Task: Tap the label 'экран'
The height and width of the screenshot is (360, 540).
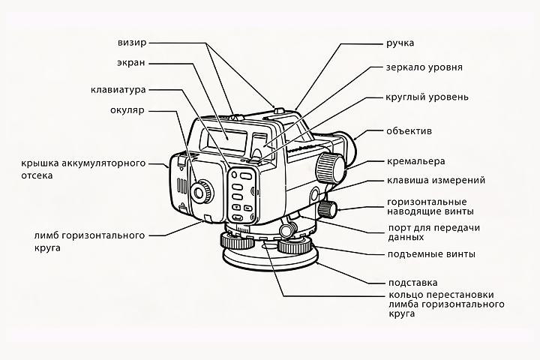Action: point(131,63)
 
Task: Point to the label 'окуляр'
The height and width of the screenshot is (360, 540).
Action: point(127,111)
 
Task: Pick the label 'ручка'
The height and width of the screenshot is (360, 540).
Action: point(400,43)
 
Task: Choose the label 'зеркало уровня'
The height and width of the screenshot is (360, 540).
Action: point(424,67)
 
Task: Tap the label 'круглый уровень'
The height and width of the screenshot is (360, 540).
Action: point(427,97)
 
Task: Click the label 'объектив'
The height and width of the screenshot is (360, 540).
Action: point(409,131)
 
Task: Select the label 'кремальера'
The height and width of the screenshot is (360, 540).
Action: point(415,161)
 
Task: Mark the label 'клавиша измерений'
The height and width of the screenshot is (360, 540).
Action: point(436,180)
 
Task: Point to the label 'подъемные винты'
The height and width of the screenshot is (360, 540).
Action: point(430,254)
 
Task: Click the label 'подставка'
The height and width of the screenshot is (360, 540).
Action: point(412,283)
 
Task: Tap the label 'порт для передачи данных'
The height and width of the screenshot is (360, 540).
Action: point(433,232)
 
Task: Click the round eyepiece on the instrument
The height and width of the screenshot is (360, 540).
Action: point(200,191)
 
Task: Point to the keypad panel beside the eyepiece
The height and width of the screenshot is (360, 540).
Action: point(242,191)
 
